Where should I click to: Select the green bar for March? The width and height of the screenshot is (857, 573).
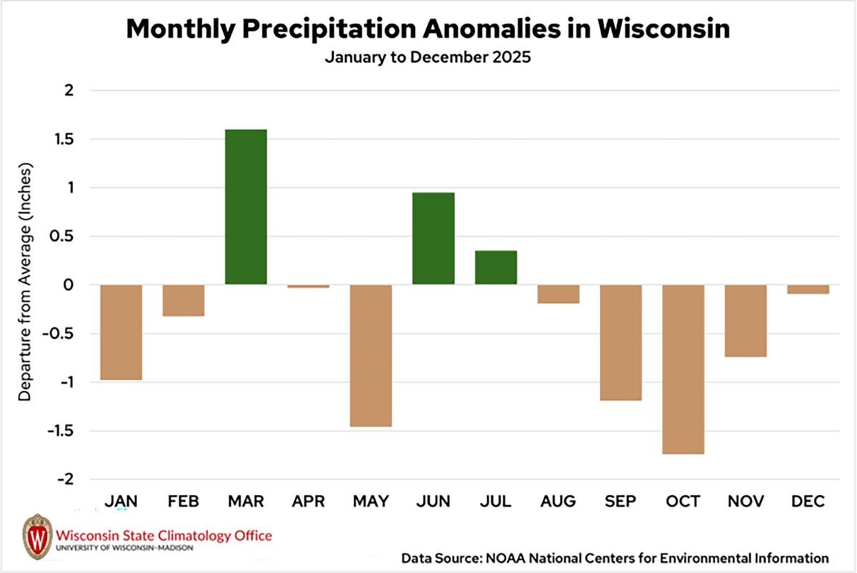pos(246,207)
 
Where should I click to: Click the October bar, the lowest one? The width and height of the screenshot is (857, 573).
pos(683,369)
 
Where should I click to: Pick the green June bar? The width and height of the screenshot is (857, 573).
pos(433,239)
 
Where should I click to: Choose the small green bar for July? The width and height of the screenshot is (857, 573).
pos(496,268)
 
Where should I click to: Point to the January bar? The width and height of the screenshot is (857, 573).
pos(121,332)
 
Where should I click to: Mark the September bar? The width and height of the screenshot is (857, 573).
pos(620,343)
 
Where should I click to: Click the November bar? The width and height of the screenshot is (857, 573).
pos(746,321)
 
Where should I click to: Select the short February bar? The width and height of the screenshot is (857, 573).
pos(184,301)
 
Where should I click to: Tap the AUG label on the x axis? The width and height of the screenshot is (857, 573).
pos(558,502)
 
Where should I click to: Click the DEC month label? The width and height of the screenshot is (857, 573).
pos(808,502)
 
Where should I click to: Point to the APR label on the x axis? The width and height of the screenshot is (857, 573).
pos(309,502)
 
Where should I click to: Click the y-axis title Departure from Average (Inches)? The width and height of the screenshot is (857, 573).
pos(24,283)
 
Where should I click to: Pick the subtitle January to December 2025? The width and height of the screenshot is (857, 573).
pos(428,58)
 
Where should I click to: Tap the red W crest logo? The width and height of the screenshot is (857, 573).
pos(37,536)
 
